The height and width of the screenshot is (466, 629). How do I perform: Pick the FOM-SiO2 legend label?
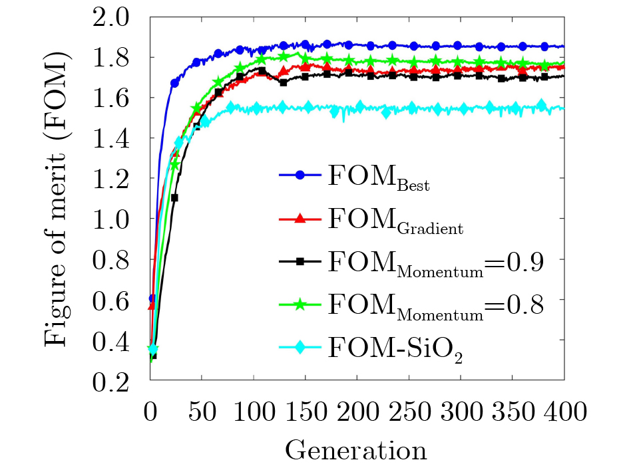coord(395,347)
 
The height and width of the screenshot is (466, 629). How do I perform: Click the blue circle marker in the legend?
coord(300,175)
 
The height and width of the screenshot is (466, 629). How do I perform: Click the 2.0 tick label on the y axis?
coord(117,17)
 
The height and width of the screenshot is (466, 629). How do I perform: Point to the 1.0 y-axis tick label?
coord(117,219)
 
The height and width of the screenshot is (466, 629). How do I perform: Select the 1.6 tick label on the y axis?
coord(117,98)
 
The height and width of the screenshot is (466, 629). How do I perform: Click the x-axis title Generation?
coord(356,450)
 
